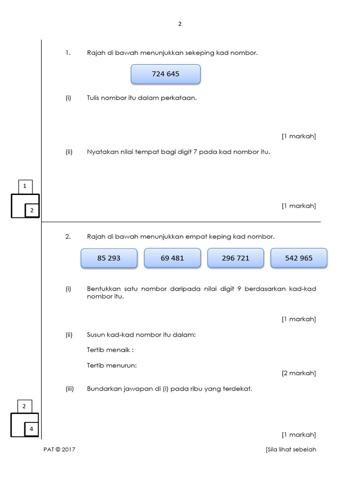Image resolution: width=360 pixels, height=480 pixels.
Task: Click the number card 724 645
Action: click(x=165, y=74)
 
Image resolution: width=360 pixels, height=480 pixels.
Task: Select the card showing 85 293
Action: click(x=109, y=258)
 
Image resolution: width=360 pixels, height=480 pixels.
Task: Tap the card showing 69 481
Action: click(x=172, y=258)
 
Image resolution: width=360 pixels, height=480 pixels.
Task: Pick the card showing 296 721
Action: click(x=235, y=258)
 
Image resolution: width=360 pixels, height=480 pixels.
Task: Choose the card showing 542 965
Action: click(x=299, y=258)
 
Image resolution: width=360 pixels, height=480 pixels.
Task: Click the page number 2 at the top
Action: click(x=179, y=24)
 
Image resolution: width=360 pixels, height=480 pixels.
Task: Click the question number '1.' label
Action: click(x=68, y=53)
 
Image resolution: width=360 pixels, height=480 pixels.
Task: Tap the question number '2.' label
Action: click(x=68, y=237)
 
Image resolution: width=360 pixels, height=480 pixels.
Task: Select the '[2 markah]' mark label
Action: click(x=299, y=373)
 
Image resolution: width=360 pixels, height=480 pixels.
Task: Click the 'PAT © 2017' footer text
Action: click(x=59, y=450)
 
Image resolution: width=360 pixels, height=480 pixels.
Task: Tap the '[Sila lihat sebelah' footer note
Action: click(x=291, y=450)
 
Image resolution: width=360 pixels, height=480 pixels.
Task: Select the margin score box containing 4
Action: click(x=31, y=429)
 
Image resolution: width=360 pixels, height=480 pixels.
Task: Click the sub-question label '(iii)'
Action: click(x=69, y=389)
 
